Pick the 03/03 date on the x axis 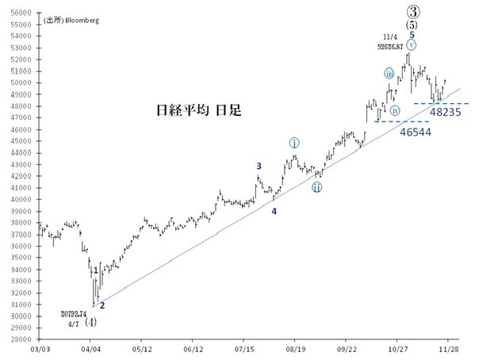(39, 349)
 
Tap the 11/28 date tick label (449, 349)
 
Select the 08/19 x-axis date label (295, 349)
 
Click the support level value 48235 (446, 113)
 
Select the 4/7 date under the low (73, 324)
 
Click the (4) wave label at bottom (92, 323)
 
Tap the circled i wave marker (294, 144)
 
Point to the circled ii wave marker (316, 187)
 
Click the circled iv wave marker (395, 110)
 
